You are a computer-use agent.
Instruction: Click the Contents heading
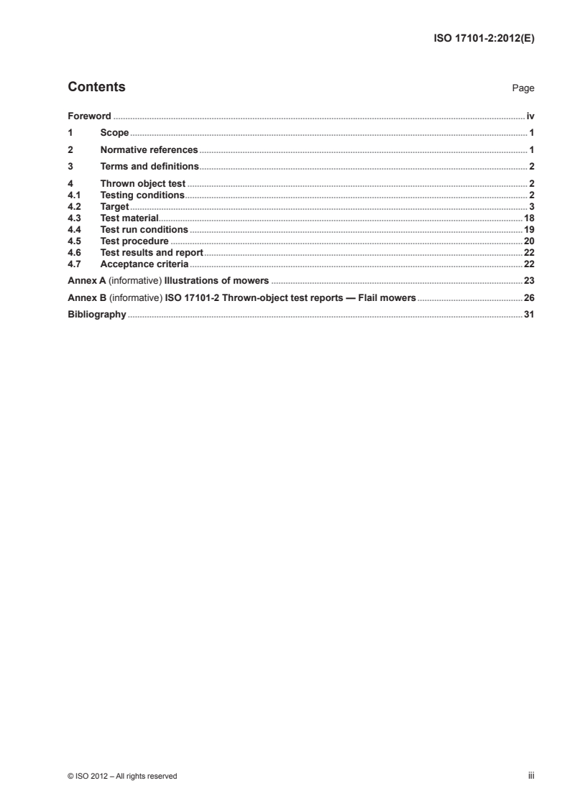(x=96, y=88)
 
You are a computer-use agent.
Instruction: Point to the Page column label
(x=523, y=88)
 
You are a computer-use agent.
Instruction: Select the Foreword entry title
(x=89, y=116)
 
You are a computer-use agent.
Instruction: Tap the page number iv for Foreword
(x=530, y=116)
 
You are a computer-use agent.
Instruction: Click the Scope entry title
(x=114, y=133)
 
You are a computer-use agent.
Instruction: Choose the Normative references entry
(x=149, y=150)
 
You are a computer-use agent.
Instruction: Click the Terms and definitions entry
(x=149, y=167)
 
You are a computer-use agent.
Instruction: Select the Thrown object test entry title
(x=143, y=185)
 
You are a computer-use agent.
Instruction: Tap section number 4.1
(x=73, y=195)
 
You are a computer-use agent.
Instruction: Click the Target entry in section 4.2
(x=114, y=207)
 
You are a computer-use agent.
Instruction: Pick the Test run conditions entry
(x=144, y=230)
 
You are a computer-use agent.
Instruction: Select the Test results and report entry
(x=152, y=253)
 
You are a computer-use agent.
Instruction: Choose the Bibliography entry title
(x=96, y=315)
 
